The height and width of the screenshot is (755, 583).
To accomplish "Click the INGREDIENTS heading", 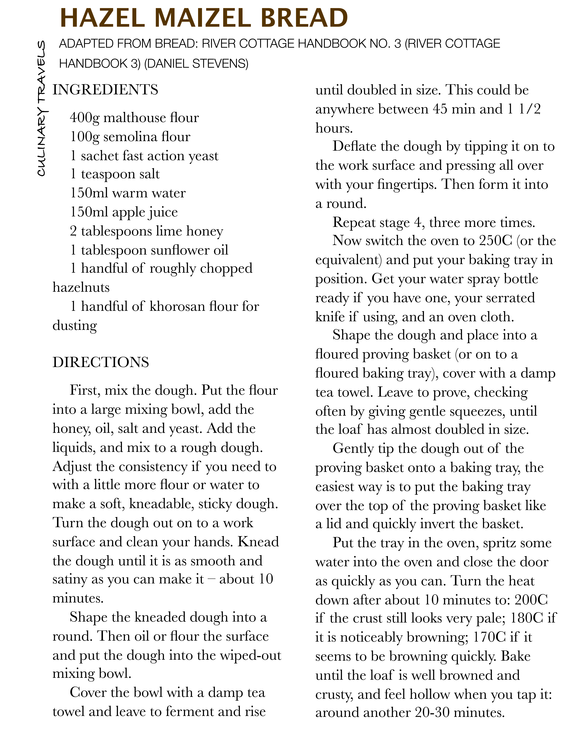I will [105, 90].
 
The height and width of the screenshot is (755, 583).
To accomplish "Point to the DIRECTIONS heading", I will [101, 362].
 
